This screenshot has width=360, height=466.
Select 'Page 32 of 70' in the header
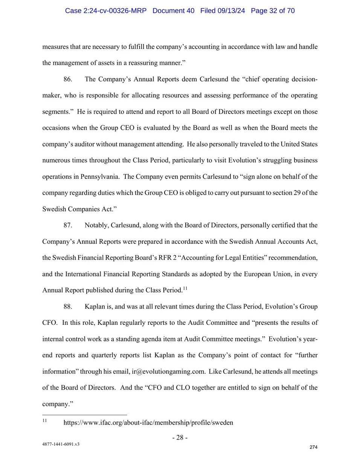(x=273, y=11)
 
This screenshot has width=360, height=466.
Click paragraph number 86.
(x=68, y=79)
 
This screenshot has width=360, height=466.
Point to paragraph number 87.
(x=68, y=225)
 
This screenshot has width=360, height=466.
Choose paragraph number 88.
(x=68, y=307)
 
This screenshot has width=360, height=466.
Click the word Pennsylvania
(x=100, y=177)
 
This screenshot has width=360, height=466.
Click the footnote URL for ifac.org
(x=148, y=423)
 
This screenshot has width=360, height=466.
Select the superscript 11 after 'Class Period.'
(x=185, y=289)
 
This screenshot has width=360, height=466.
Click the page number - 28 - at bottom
(x=180, y=437)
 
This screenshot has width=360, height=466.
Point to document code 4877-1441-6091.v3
(x=61, y=444)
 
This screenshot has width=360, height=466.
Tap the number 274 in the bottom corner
(x=313, y=447)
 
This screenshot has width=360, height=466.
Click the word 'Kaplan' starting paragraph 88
(x=94, y=307)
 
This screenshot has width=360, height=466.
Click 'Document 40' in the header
(x=173, y=11)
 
